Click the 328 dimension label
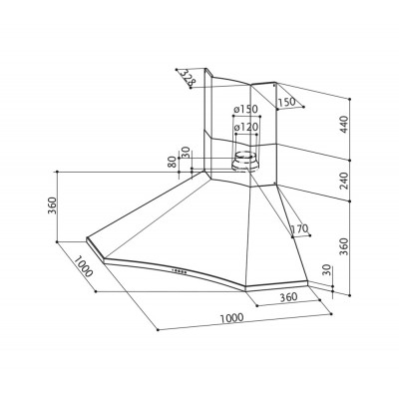(x=189, y=77)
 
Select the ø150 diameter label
(x=245, y=109)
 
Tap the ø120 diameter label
(x=245, y=128)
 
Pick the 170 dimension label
(x=299, y=229)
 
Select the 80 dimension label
(x=172, y=162)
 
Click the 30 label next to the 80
(x=187, y=152)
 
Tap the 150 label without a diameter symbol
(x=286, y=103)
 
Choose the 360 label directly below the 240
(x=344, y=246)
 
